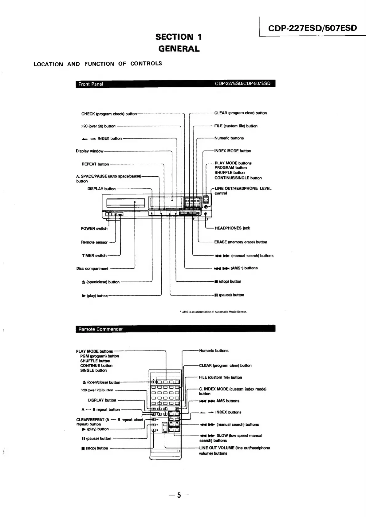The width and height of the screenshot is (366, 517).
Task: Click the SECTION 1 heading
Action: tap(179, 37)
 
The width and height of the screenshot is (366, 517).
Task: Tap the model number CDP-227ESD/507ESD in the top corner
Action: tap(313, 28)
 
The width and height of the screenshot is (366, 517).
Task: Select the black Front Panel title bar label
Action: tap(91, 84)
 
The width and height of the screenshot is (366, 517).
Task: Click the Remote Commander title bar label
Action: tap(100, 329)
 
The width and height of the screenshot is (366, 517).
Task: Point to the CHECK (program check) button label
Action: tap(109, 114)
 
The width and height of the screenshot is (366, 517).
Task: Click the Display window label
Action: tap(89, 151)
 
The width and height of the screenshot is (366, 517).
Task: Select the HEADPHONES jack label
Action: tap(232, 228)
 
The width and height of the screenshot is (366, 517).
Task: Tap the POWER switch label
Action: tap(94, 229)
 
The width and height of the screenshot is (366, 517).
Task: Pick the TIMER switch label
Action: tap(94, 256)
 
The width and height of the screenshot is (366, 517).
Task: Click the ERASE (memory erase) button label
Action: tap(241, 242)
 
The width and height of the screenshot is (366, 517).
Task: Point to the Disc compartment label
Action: tap(92, 269)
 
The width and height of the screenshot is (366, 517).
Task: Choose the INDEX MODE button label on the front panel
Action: tap(233, 151)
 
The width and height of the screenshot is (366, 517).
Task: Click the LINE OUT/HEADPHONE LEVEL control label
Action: tap(243, 191)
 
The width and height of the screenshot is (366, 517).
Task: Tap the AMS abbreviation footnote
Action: tap(213, 312)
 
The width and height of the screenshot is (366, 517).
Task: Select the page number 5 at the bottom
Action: tap(179, 495)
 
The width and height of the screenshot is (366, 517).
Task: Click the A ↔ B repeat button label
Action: tap(100, 410)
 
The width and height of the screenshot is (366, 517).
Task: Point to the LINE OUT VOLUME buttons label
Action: tap(234, 451)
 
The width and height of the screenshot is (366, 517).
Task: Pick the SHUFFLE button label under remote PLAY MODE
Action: tap(95, 361)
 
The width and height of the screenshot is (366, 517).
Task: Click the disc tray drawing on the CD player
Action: tap(125, 203)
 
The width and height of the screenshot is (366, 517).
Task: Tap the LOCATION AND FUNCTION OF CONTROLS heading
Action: tap(98, 64)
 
